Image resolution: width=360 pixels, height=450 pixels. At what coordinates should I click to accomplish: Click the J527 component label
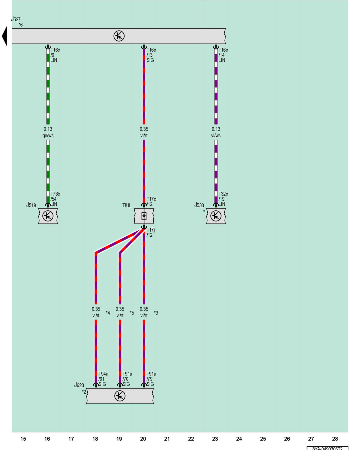16,19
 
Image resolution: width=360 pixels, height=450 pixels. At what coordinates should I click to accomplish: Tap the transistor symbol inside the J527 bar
119,36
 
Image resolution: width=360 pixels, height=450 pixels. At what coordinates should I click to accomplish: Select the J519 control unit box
48,216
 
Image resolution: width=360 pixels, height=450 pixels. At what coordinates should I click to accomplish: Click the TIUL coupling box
144,216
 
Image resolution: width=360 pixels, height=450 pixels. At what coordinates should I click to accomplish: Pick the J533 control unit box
216,216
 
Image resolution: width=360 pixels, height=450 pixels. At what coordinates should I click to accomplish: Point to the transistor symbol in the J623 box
120,396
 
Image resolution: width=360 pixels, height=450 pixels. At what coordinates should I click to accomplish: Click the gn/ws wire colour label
48,136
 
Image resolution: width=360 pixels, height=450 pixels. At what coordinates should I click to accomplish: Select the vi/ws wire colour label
216,136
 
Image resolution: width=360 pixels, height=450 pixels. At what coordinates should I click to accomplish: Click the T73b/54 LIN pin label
55,199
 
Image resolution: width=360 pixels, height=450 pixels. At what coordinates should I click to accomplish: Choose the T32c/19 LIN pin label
223,199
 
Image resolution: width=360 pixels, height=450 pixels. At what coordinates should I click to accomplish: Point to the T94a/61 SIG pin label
103,379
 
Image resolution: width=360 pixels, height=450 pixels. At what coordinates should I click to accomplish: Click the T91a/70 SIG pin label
127,379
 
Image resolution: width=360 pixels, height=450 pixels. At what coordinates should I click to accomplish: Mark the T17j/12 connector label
151,232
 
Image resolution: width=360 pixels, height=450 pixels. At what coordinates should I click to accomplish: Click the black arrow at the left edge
4,36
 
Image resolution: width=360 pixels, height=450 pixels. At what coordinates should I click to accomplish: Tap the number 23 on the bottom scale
215,439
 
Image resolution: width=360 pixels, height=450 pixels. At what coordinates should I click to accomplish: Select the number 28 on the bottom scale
335,439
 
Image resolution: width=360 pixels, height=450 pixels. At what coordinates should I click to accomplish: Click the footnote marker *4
108,313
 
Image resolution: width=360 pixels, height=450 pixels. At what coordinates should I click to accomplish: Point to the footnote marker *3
156,313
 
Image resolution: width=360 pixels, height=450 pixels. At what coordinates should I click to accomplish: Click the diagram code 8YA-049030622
327,448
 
